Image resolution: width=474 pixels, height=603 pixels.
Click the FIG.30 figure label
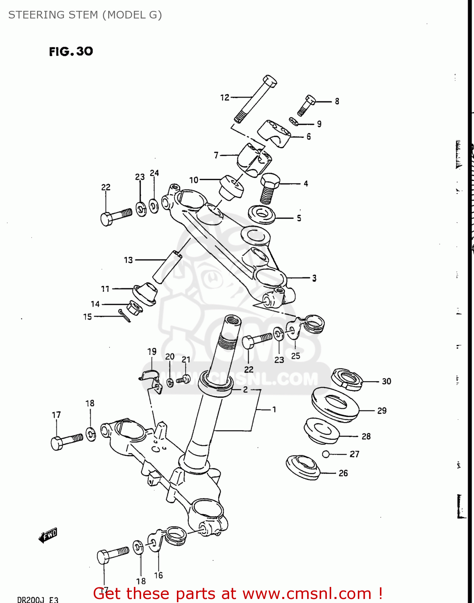click(71, 51)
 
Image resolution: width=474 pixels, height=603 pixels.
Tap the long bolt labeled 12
click(255, 99)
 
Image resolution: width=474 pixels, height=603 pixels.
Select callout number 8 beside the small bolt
click(337, 101)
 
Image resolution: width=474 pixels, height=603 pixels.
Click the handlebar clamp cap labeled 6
click(275, 133)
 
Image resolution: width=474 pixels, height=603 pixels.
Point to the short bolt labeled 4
click(270, 189)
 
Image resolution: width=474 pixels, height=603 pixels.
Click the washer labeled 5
click(262, 214)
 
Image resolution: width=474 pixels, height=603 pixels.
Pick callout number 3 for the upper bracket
click(314, 278)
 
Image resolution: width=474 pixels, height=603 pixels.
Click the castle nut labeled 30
click(347, 379)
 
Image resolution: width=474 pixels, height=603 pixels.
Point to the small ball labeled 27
click(326, 454)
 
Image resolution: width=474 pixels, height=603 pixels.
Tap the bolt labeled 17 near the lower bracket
click(67, 440)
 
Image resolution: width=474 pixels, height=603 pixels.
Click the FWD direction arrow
click(48, 535)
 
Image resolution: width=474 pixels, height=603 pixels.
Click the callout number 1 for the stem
click(274, 410)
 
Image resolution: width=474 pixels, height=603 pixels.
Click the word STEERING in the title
click(31, 15)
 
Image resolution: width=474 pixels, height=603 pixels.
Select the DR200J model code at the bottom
click(31, 599)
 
